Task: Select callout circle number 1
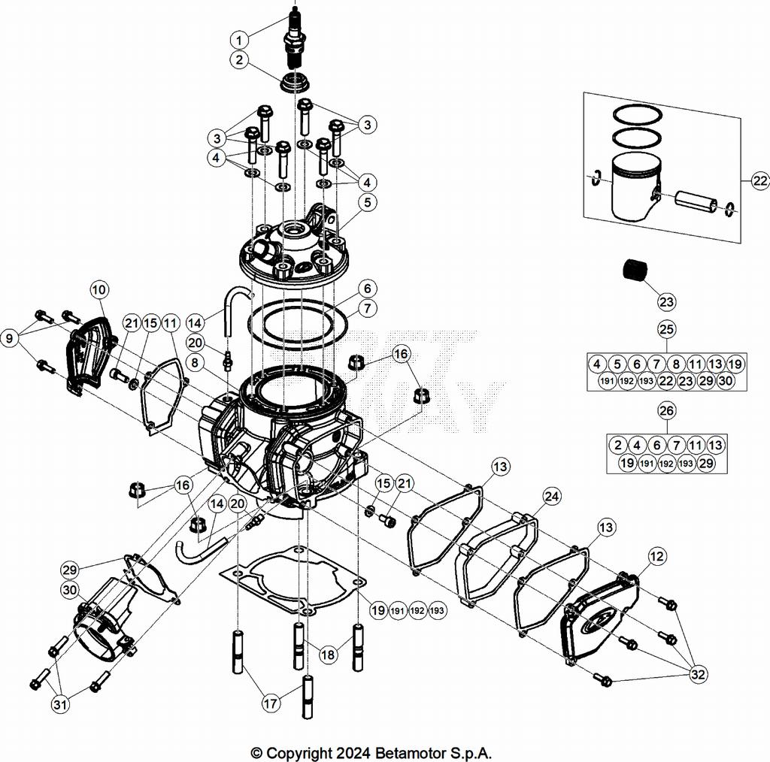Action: pos(239,39)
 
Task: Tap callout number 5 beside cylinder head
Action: pos(366,201)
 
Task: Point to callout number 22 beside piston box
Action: pos(759,180)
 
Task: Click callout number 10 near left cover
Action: pos(100,289)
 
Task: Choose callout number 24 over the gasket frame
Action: pos(551,496)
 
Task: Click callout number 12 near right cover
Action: pos(656,557)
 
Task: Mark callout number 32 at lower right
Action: pos(699,675)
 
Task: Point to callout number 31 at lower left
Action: pos(59,704)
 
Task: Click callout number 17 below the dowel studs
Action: pos(271,704)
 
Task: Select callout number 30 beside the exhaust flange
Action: pos(70,591)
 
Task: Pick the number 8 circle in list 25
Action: pos(676,364)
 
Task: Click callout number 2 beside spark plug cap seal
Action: pos(239,60)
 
